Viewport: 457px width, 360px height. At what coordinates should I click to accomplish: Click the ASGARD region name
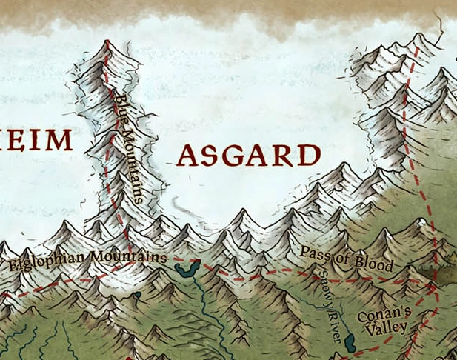[249, 156]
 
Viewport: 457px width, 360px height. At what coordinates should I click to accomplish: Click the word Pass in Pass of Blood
[315, 253]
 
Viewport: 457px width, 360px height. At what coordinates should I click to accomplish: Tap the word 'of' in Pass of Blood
[341, 257]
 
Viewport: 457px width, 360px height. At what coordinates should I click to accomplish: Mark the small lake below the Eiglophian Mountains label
[138, 296]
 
